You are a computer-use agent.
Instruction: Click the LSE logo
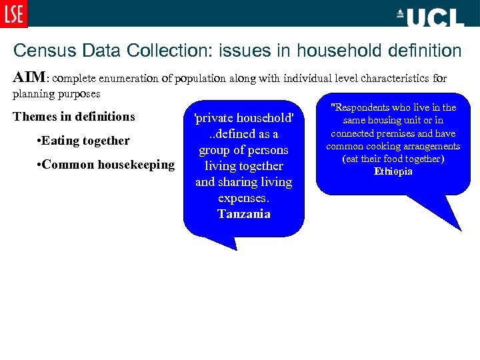(x=14, y=14)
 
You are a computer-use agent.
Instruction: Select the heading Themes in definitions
(x=74, y=117)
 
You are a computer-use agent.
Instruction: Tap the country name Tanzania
(x=243, y=214)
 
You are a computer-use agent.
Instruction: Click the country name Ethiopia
(x=393, y=171)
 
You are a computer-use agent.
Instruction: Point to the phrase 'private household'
(x=243, y=119)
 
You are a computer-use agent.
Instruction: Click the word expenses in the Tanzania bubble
(x=243, y=198)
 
